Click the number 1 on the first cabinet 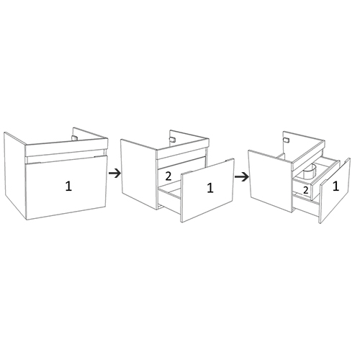[68, 186]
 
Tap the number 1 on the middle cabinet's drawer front [210, 188]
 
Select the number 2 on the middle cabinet [168, 176]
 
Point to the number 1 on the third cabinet [336, 186]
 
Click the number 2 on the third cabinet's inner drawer [305, 190]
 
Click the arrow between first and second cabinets [114, 173]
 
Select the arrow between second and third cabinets [241, 177]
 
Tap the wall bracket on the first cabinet [75, 138]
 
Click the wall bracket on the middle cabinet [172, 140]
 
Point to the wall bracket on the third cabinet [285, 140]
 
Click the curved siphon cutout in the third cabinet [309, 172]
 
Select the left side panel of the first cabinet [14, 176]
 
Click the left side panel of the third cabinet [271, 181]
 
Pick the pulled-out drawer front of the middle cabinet [207, 190]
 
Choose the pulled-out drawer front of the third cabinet [335, 191]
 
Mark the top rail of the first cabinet [66, 148]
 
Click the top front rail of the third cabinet [308, 155]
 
